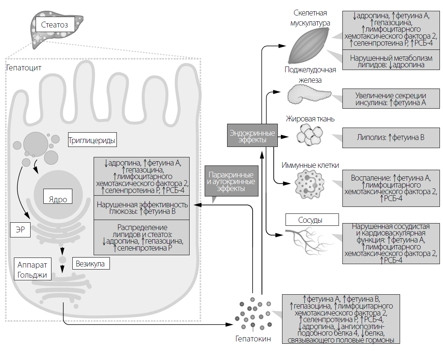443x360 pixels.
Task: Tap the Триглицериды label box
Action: pyautogui.click(x=92, y=140)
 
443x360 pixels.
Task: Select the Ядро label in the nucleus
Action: pyautogui.click(x=58, y=200)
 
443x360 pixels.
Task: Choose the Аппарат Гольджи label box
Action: pyautogui.click(x=32, y=270)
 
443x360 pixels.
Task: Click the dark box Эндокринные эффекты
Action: pyautogui.click(x=252, y=136)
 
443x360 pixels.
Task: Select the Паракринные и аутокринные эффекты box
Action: pyautogui.click(x=231, y=182)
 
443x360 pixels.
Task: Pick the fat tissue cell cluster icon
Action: pyautogui.click(x=310, y=136)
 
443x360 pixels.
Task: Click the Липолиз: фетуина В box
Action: pyautogui.click(x=391, y=137)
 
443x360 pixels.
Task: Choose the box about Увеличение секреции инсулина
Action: pyautogui.click(x=391, y=99)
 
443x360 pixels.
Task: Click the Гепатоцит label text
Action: pyautogui.click(x=24, y=68)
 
